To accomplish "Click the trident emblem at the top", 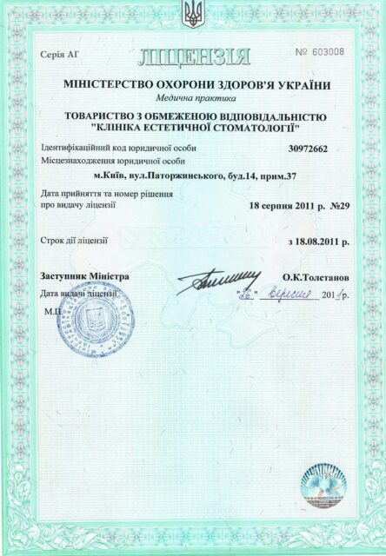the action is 192,13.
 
